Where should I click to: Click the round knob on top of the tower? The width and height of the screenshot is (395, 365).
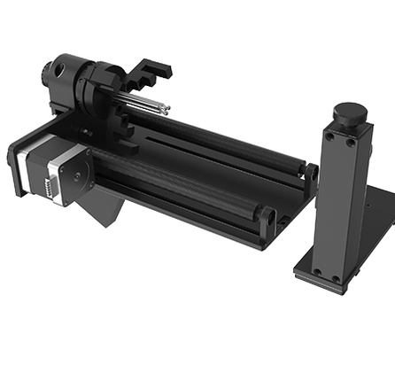point(347,113)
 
